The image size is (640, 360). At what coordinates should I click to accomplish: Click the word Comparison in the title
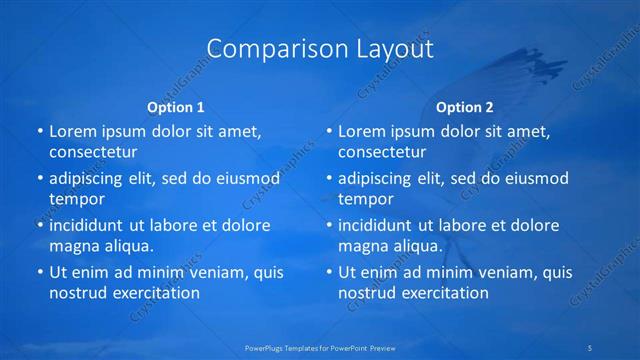263,49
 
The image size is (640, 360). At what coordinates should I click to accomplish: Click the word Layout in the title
384,49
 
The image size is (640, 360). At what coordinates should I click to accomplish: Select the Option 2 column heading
464,107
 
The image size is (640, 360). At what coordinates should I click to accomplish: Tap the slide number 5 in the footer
590,347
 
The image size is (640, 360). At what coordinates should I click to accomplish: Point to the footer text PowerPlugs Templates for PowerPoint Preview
320,347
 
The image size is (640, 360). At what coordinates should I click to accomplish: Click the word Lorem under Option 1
74,131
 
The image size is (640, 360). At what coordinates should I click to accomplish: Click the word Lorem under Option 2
363,131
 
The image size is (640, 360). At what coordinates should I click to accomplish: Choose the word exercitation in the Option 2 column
443,293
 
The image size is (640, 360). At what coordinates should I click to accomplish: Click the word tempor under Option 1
77,199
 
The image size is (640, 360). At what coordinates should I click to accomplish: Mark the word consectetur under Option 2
382,152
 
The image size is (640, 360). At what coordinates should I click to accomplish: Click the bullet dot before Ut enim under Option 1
38,272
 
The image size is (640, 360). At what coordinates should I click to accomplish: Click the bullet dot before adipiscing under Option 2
327,178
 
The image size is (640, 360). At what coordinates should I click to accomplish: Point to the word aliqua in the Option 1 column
127,246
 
